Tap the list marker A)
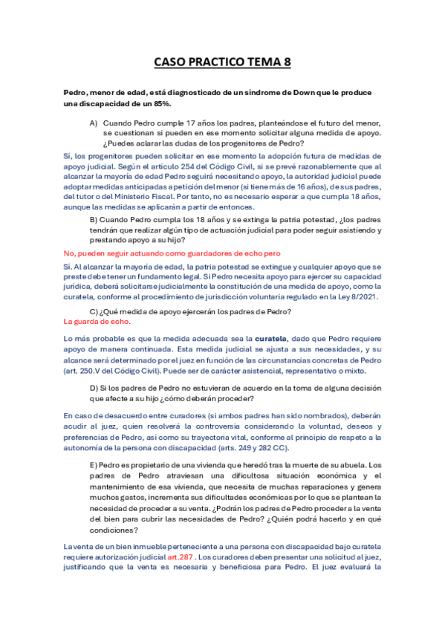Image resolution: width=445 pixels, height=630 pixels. point(94,122)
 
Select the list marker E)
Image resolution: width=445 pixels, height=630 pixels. point(94,464)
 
